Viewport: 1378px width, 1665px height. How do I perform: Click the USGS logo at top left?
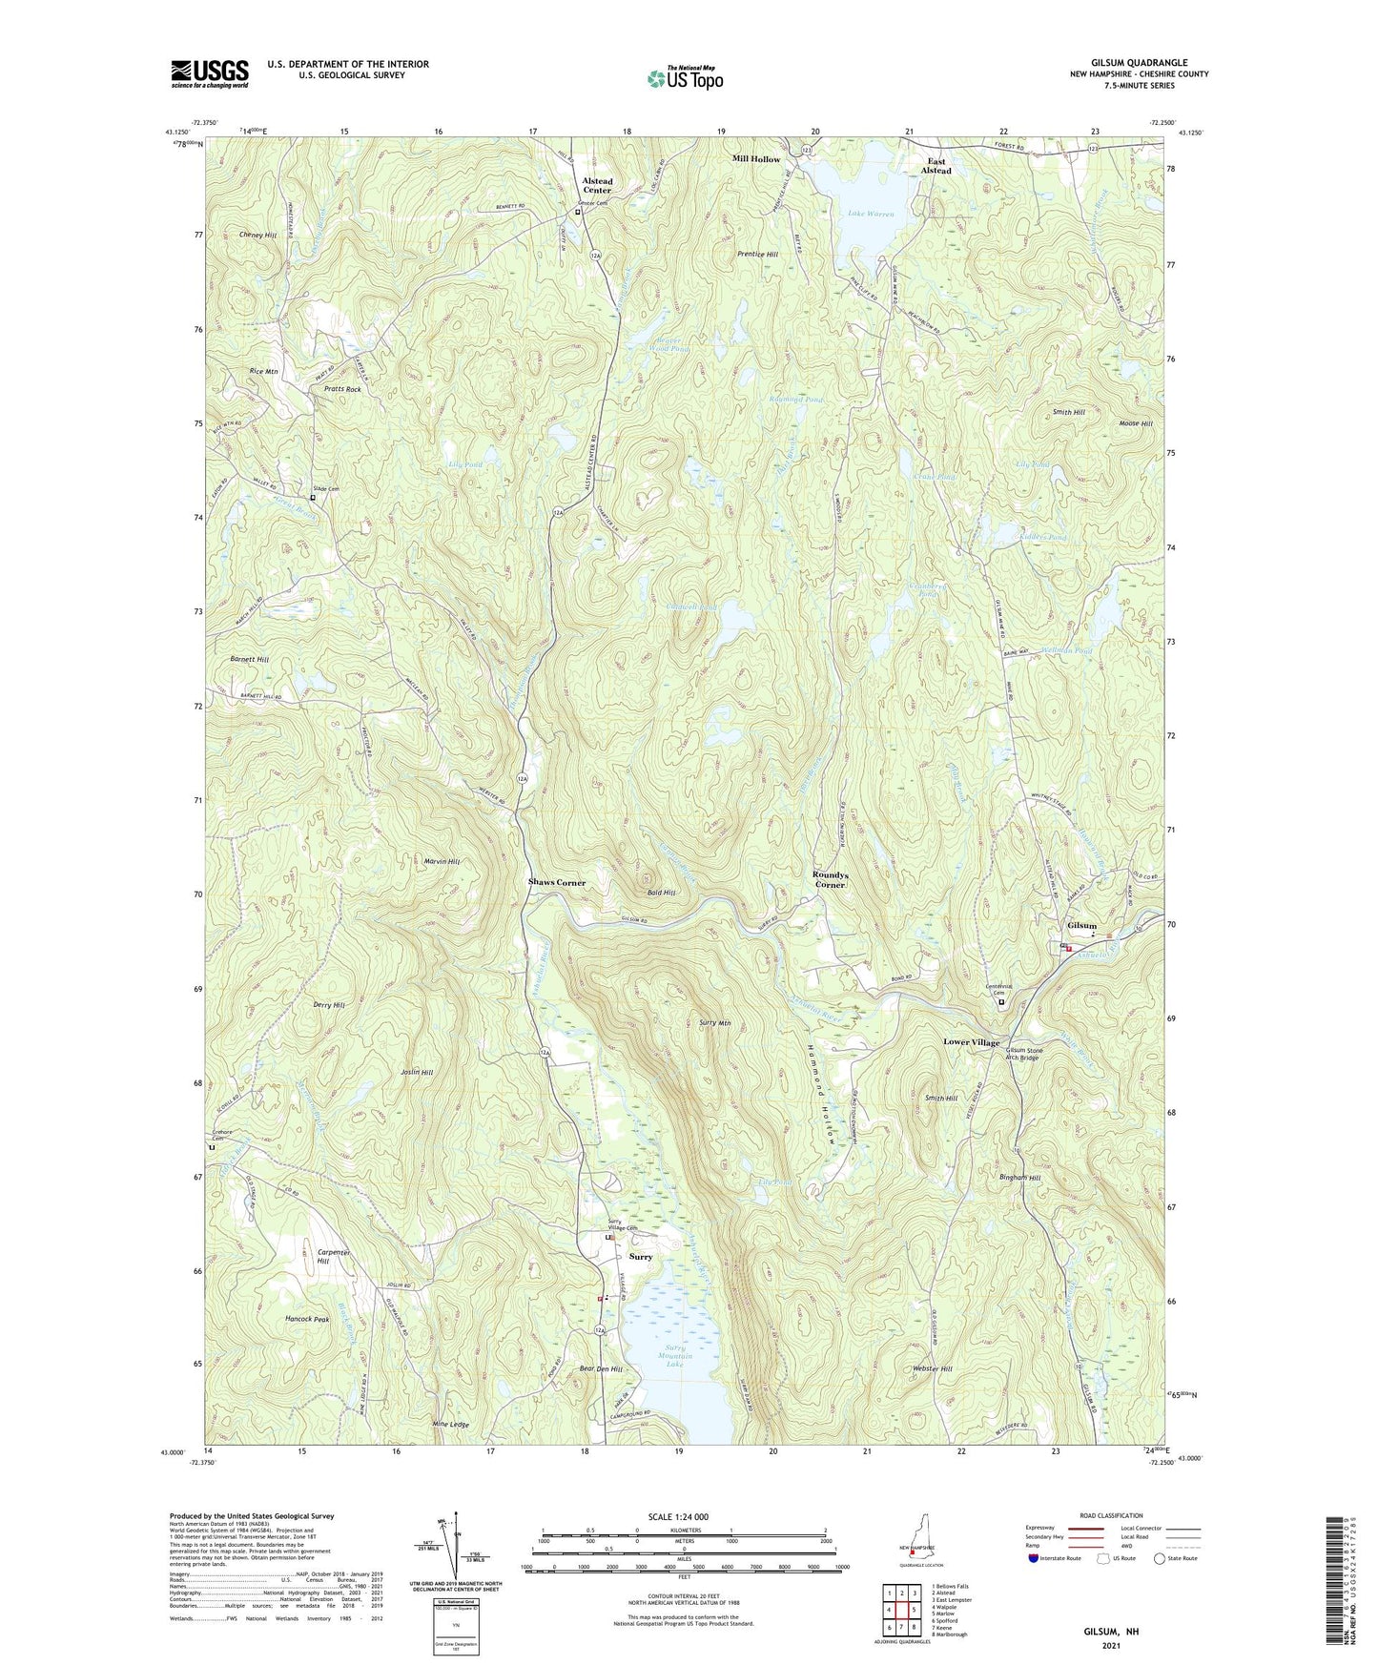click(x=210, y=73)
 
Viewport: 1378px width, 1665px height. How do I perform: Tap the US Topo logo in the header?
click(x=685, y=78)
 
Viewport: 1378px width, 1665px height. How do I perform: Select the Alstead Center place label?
click(x=597, y=185)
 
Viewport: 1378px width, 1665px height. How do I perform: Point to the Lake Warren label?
click(x=871, y=215)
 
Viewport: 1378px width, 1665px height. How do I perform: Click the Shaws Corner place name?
click(x=557, y=883)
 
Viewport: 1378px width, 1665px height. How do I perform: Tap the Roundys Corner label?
click(x=830, y=879)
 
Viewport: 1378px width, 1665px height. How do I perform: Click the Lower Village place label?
click(x=971, y=1042)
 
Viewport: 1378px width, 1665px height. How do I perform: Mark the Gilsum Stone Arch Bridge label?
click(x=1020, y=1054)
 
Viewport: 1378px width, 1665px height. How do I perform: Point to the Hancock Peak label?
click(x=307, y=1319)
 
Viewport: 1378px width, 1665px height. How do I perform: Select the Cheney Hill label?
click(x=257, y=235)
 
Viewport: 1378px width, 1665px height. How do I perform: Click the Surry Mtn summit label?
click(x=714, y=1023)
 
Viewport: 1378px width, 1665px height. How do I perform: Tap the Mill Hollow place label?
click(x=755, y=159)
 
